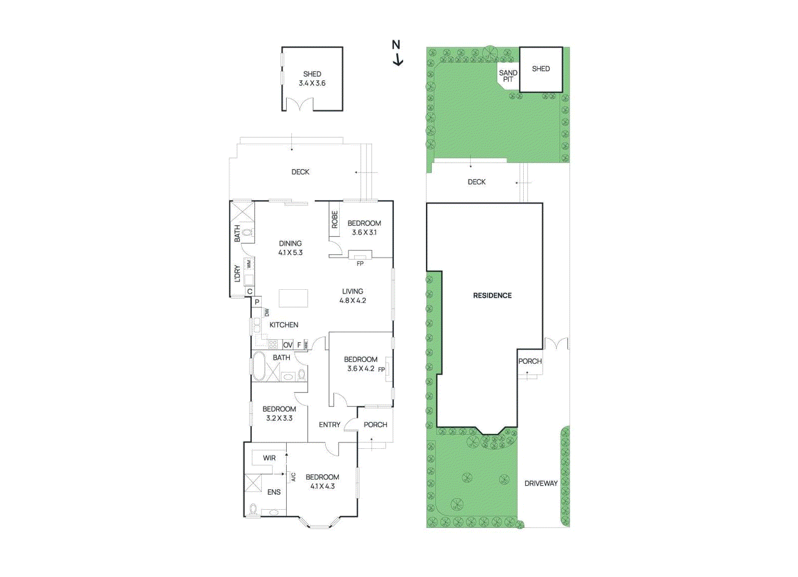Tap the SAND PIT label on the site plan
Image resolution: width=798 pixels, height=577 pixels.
tap(508, 76)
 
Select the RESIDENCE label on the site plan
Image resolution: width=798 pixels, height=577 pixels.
tap(492, 296)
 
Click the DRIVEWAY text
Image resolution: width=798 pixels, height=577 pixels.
tap(541, 483)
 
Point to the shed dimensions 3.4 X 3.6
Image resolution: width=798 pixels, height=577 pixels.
tap(312, 83)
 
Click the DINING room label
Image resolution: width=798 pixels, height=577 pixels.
tap(290, 243)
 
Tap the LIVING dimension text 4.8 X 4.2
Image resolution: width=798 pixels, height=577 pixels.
tap(353, 301)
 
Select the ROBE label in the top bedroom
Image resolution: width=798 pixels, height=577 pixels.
tap(335, 219)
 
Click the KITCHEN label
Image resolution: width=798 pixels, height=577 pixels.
tap(284, 325)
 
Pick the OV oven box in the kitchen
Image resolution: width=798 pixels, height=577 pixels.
tap(288, 345)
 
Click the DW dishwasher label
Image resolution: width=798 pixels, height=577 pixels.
tap(267, 313)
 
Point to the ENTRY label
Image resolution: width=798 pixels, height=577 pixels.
tap(330, 424)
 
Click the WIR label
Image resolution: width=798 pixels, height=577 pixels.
tap(269, 458)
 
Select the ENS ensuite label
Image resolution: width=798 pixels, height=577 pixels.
tap(274, 492)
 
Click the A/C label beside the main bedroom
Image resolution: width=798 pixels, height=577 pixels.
tap(293, 477)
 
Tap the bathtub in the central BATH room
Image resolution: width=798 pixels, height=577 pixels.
tap(258, 367)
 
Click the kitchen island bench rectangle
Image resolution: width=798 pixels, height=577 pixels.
tap(293, 298)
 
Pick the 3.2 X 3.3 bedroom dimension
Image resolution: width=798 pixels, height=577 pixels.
tap(279, 418)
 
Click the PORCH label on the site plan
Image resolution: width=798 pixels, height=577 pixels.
tap(530, 361)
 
